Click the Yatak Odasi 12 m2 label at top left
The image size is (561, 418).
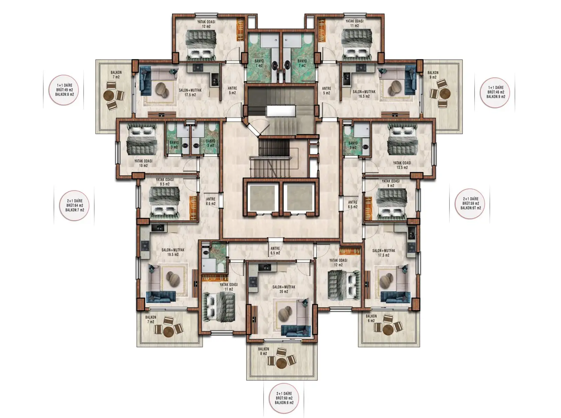pos(206,24)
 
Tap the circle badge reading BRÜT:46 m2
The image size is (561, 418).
pos(495,92)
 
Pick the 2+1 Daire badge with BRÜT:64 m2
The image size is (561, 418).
pos(74,205)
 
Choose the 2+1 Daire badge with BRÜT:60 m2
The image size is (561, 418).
pos(284,398)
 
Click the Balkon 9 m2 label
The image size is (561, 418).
pos(433,75)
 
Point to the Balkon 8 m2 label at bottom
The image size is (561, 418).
pos(263,351)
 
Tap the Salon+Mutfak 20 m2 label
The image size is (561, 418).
pos(284,289)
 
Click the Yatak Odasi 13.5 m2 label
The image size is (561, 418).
pos(402,165)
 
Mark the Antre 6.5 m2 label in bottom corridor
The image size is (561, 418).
pos(275,251)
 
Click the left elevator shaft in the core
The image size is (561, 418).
pos(262,197)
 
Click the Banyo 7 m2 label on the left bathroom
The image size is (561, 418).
pos(259,63)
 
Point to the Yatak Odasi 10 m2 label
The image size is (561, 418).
pos(143,163)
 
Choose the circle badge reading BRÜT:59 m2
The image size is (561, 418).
pos(471,203)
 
